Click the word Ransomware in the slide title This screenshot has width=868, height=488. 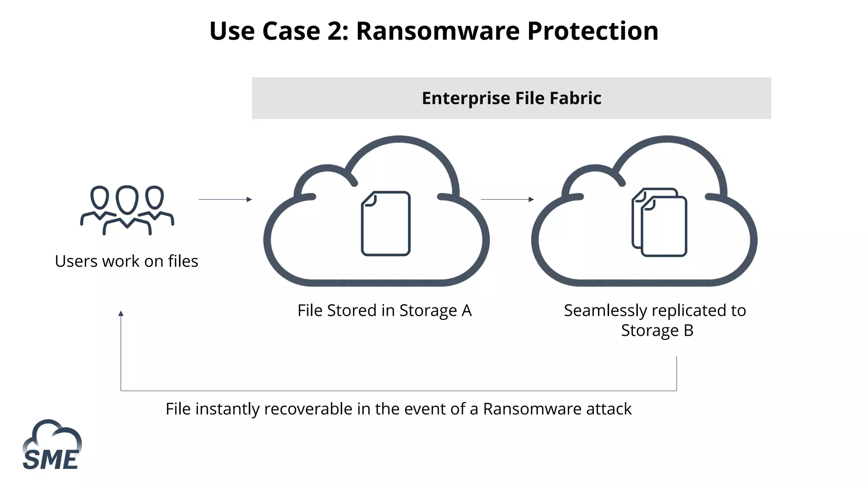point(437,31)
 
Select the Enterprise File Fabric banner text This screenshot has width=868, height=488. point(511,98)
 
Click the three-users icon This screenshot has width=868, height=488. point(127,210)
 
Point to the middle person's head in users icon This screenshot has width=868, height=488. point(127,200)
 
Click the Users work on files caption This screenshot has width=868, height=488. point(126,261)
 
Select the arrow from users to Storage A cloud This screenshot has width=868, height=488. point(225,199)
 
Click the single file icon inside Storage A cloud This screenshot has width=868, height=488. point(386,223)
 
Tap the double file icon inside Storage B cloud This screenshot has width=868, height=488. point(659,222)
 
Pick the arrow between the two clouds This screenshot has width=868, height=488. point(507,199)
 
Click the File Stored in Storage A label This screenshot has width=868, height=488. point(384,311)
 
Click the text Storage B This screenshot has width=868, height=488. point(657,330)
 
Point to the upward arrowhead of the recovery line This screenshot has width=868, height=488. point(121,313)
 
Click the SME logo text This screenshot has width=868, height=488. point(50,460)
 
